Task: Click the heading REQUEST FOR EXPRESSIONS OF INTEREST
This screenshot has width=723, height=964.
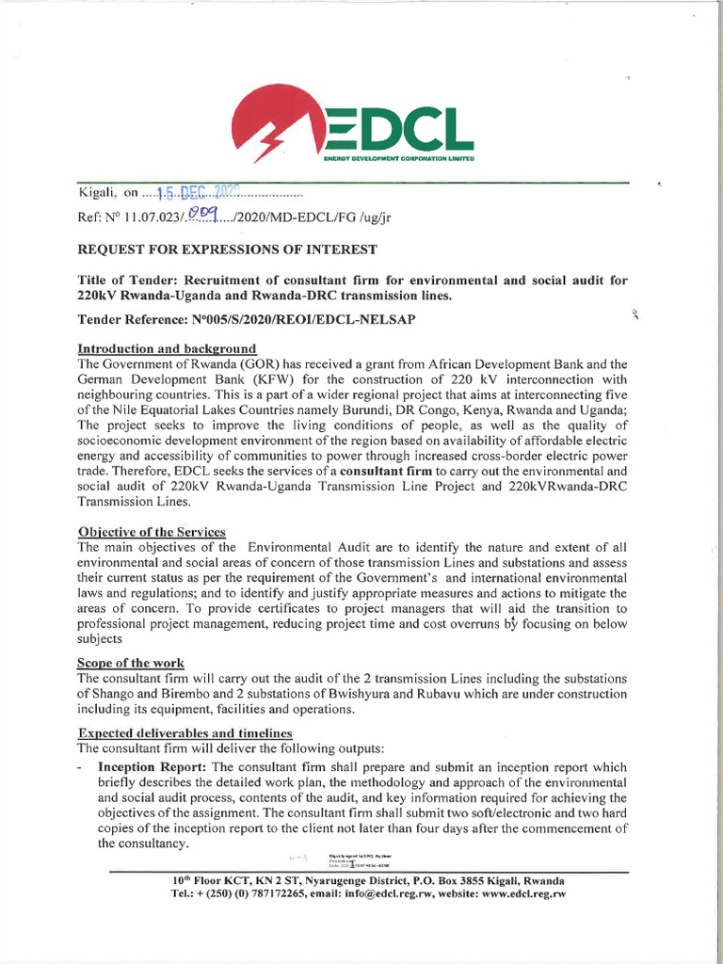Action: tap(226, 249)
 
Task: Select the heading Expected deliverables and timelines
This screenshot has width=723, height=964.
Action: tap(185, 733)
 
